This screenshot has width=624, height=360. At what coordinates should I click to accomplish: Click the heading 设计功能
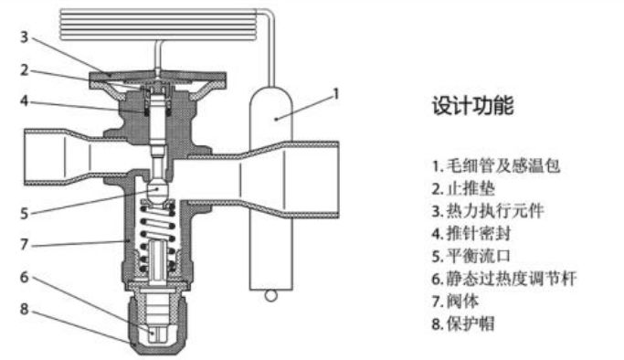pyautogui.click(x=472, y=105)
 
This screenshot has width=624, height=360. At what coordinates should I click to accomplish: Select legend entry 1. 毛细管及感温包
pyautogui.click(x=496, y=165)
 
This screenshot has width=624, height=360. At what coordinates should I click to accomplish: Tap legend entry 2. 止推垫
pyautogui.click(x=463, y=188)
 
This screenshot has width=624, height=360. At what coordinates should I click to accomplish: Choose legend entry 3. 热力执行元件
pyautogui.click(x=488, y=211)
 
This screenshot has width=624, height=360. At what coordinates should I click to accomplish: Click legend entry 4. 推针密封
pyautogui.click(x=471, y=234)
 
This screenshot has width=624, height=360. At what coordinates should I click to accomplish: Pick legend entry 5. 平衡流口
pyautogui.click(x=471, y=256)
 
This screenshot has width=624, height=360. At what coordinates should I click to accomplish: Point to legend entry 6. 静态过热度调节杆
pyautogui.click(x=504, y=279)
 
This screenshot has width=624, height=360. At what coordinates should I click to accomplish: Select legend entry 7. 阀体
pyautogui.click(x=456, y=302)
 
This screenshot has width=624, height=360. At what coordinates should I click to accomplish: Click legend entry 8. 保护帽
pyautogui.click(x=463, y=323)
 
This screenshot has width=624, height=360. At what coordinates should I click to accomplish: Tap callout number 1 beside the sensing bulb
pyautogui.click(x=336, y=94)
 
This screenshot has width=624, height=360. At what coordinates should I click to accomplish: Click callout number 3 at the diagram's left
pyautogui.click(x=25, y=37)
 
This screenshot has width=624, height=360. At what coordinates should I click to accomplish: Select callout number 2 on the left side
pyautogui.click(x=25, y=70)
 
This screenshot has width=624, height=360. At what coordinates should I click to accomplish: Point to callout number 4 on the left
pyautogui.click(x=25, y=101)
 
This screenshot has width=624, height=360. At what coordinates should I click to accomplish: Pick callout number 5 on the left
pyautogui.click(x=25, y=214)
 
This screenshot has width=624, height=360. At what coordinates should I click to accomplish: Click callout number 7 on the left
pyautogui.click(x=25, y=244)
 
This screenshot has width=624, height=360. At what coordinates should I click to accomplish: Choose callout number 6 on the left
pyautogui.click(x=25, y=277)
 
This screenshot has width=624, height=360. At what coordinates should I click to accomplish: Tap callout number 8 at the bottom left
pyautogui.click(x=25, y=309)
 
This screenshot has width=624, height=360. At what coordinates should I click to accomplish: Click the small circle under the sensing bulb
pyautogui.click(x=270, y=296)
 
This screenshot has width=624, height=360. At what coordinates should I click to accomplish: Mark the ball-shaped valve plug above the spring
pyautogui.click(x=157, y=191)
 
